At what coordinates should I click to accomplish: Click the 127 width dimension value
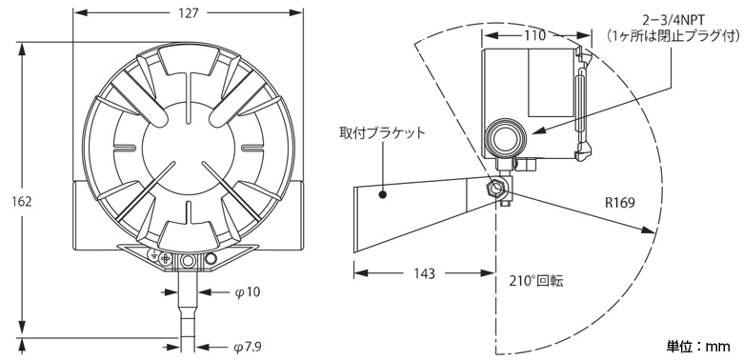coord(190,13)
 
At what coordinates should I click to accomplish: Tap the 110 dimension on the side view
coord(533,35)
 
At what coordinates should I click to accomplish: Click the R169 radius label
coord(620,203)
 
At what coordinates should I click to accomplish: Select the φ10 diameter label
coord(247,291)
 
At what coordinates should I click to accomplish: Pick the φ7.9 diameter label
coord(250,346)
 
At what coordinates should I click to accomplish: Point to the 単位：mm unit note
coord(698,345)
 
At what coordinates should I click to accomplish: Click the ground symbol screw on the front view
coord(165,259)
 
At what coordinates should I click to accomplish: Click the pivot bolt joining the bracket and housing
coord(498,189)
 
